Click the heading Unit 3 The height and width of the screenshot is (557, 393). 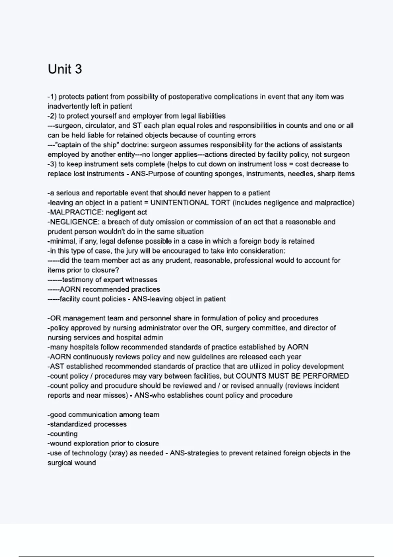(65, 69)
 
